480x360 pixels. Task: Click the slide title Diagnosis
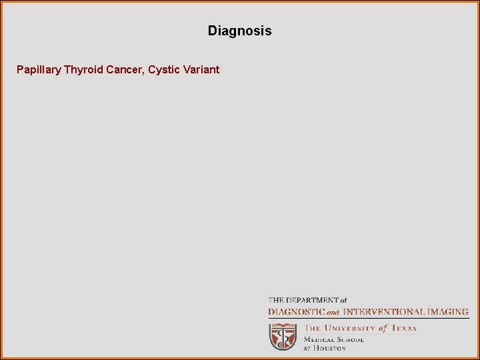pyautogui.click(x=239, y=31)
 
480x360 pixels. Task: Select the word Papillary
pyautogui.click(x=39, y=69)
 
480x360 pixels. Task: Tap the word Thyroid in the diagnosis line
pyautogui.click(x=83, y=69)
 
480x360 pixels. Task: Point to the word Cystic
pyautogui.click(x=164, y=69)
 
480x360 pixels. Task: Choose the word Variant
pyautogui.click(x=201, y=69)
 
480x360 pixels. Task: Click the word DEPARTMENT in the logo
pyautogui.click(x=312, y=301)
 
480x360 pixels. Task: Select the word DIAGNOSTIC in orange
pyautogui.click(x=296, y=311)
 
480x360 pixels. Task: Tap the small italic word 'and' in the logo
pyautogui.click(x=333, y=312)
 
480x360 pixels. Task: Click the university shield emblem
pyautogui.click(x=283, y=336)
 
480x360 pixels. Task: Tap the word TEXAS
pyautogui.click(x=403, y=328)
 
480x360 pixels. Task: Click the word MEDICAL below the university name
pyautogui.click(x=319, y=339)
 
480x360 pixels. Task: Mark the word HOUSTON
pyautogui.click(x=331, y=348)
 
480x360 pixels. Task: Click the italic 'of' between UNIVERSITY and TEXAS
pyautogui.click(x=383, y=328)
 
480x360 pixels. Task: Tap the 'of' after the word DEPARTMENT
pyautogui.click(x=343, y=301)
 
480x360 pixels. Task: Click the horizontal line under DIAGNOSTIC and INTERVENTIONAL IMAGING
pyautogui.click(x=369, y=319)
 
